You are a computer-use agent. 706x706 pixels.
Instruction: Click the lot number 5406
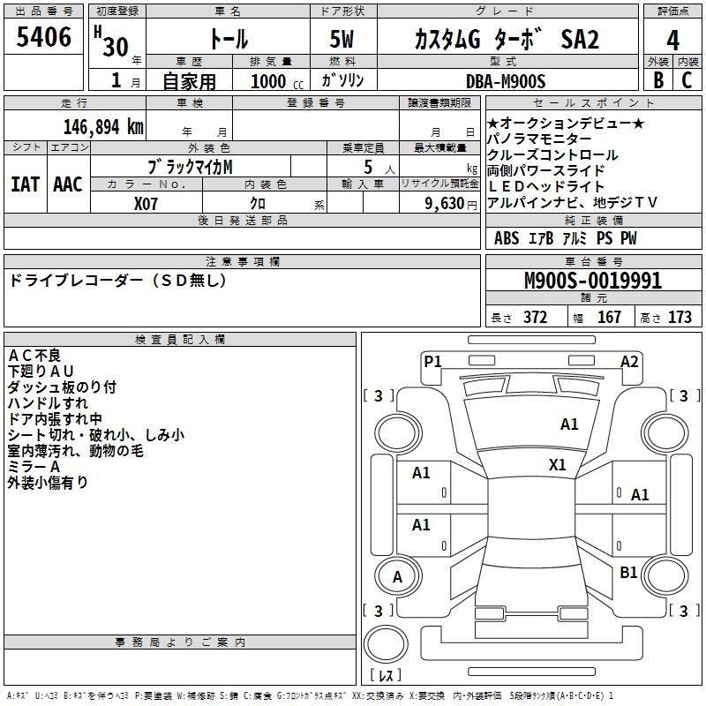[44, 37]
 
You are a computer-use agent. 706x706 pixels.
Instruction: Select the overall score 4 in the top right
[672, 40]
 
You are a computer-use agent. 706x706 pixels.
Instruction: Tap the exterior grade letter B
[657, 79]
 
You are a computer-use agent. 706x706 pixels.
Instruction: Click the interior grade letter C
[687, 79]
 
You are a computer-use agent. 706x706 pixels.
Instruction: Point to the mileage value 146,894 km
[103, 126]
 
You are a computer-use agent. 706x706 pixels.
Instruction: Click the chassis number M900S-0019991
[593, 282]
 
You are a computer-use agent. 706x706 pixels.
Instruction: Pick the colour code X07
[146, 202]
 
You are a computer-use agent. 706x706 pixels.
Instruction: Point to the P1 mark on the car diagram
[432, 361]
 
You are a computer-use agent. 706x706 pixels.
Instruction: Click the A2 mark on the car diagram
[629, 361]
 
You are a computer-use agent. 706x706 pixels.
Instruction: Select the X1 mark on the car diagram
[558, 464]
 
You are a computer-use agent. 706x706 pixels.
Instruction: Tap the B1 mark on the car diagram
[628, 573]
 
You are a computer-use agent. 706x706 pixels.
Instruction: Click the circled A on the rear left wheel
[397, 577]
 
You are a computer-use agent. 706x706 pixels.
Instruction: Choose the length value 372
[535, 317]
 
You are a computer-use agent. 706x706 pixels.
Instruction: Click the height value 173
[680, 317]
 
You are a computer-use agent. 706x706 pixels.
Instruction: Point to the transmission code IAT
[25, 184]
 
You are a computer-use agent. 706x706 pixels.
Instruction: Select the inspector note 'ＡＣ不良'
[34, 355]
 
